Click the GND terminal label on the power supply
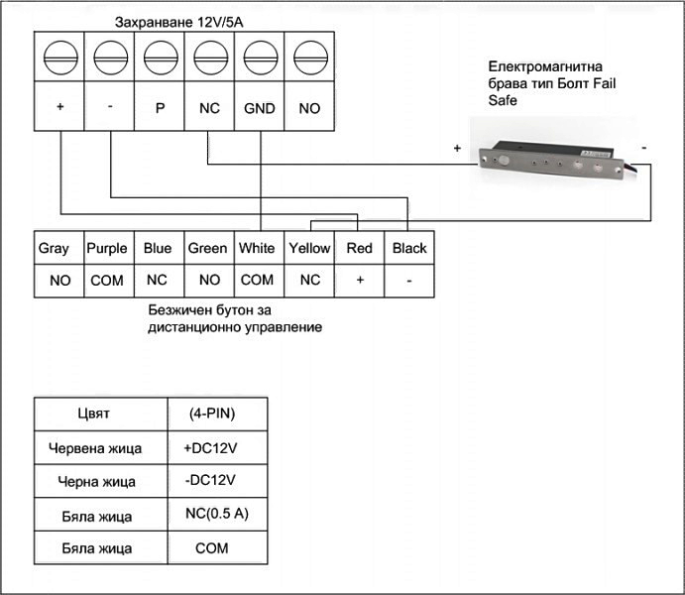[259, 108]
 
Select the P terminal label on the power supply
[159, 108]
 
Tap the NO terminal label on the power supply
[309, 108]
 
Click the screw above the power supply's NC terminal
[208, 58]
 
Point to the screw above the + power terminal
[59, 58]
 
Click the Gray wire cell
[54, 249]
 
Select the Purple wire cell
[107, 249]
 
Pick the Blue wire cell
[158, 249]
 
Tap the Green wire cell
[208, 249]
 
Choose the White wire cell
[258, 249]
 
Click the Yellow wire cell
[309, 249]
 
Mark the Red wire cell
[360, 249]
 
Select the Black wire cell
[409, 249]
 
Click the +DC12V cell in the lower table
[210, 448]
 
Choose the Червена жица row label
[95, 448]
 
